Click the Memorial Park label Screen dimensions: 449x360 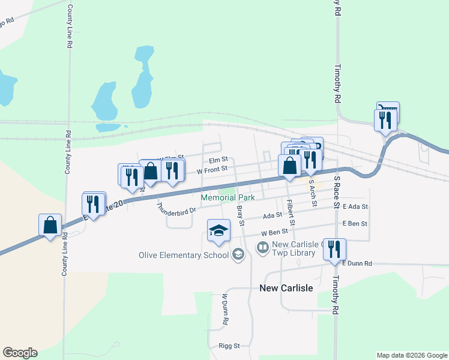(x=228, y=197)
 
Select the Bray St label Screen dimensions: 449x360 (x=241, y=215)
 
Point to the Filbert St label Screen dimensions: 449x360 (x=291, y=212)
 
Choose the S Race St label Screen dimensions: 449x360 (x=337, y=192)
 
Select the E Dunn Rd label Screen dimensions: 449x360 (x=357, y=263)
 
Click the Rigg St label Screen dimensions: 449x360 (x=229, y=346)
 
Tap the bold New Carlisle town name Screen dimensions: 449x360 (x=286, y=288)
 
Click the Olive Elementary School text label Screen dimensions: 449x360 (x=184, y=255)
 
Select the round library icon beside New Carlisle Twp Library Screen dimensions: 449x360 (x=262, y=247)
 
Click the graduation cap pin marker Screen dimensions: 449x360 (x=218, y=230)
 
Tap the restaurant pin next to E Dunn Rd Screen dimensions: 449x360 (x=334, y=249)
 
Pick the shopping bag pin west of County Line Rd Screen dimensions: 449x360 (x=50, y=225)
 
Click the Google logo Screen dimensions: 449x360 (x=20, y=353)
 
